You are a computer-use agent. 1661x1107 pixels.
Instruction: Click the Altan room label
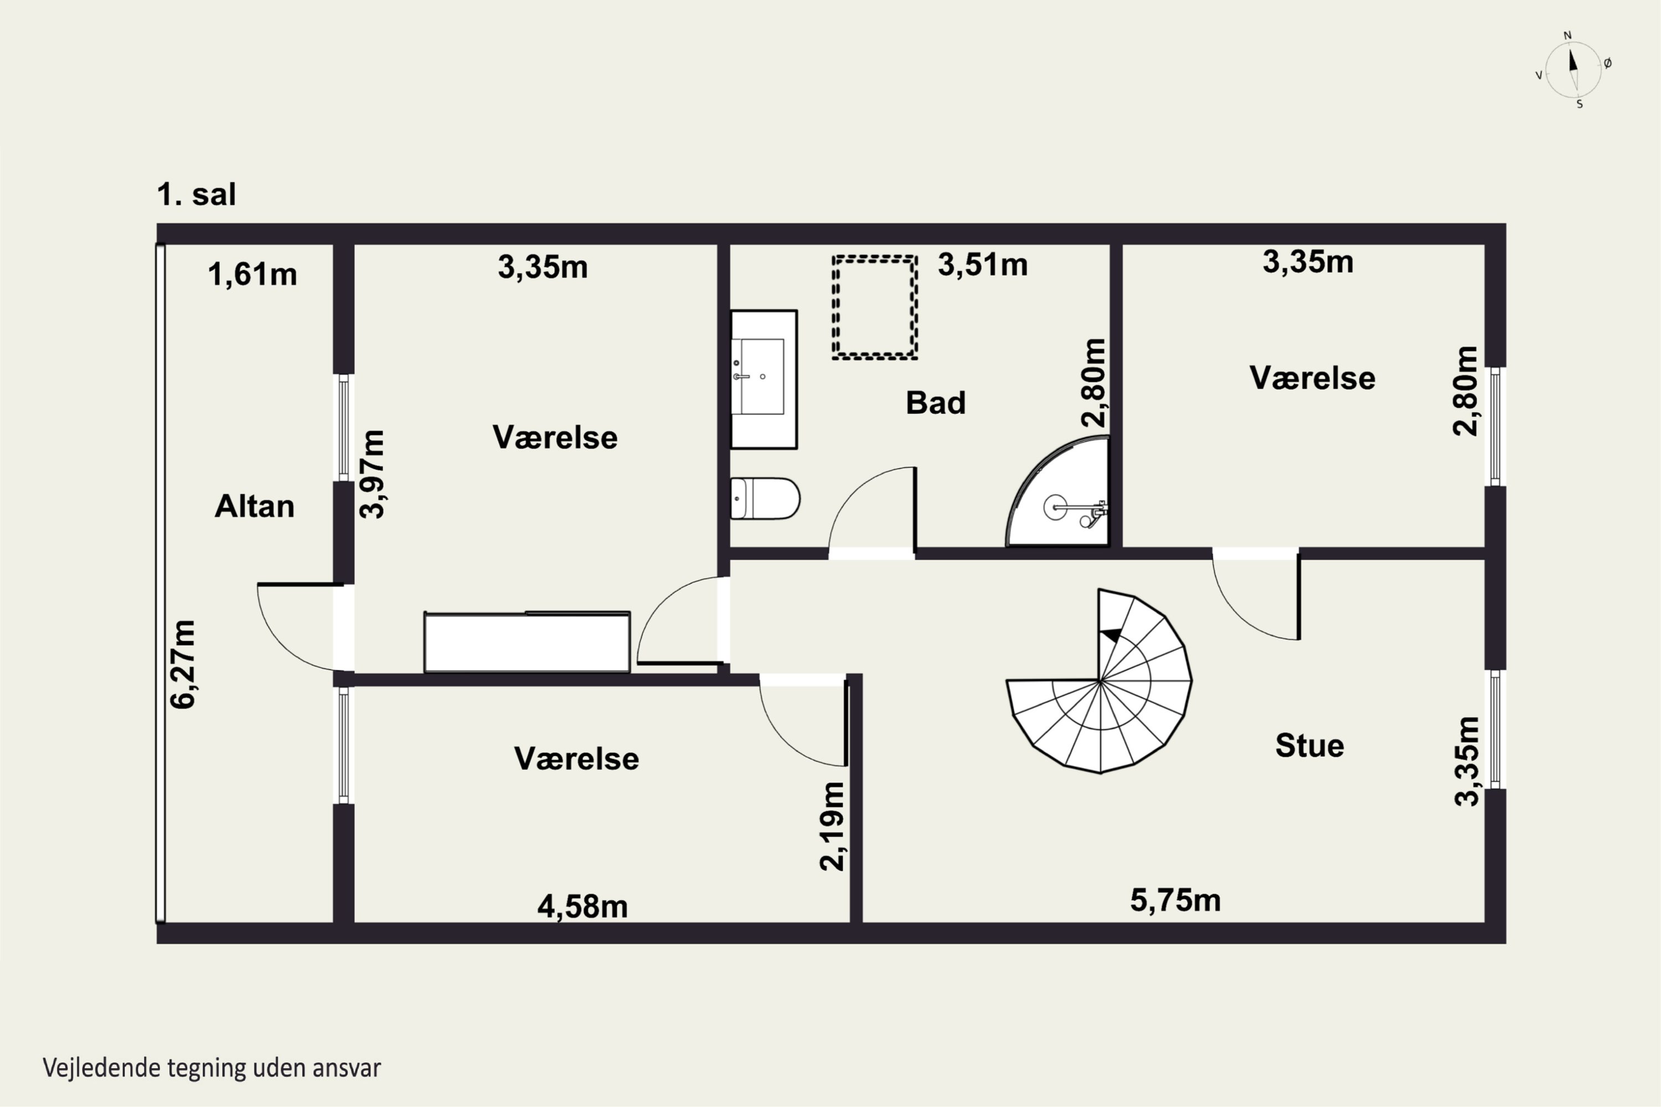tap(254, 506)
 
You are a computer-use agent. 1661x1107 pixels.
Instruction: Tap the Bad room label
tap(935, 402)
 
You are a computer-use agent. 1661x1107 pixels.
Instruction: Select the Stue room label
tap(1309, 746)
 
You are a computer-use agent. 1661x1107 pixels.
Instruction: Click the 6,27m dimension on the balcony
tap(183, 664)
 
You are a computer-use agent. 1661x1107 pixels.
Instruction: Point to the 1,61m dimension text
tap(252, 274)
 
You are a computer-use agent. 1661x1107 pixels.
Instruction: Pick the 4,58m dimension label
tap(582, 907)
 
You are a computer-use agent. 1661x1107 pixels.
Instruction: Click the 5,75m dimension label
tap(1175, 900)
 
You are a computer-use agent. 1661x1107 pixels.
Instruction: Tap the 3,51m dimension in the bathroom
tap(982, 265)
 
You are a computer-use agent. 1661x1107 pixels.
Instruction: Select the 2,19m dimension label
tap(832, 826)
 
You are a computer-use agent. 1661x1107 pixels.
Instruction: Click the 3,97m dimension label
tap(372, 474)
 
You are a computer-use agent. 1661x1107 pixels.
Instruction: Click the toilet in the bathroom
tap(765, 499)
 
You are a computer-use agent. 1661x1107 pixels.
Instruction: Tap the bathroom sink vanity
tap(764, 379)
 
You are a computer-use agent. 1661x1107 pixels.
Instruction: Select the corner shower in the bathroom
tap(1057, 492)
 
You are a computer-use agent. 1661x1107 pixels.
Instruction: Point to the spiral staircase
tap(1099, 681)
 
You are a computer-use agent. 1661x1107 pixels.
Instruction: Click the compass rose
tap(1573, 70)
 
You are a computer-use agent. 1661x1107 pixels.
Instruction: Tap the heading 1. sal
tap(197, 194)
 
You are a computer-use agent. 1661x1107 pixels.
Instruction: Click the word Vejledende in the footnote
tap(101, 1068)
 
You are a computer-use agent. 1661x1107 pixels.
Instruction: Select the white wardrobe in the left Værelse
tap(527, 642)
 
